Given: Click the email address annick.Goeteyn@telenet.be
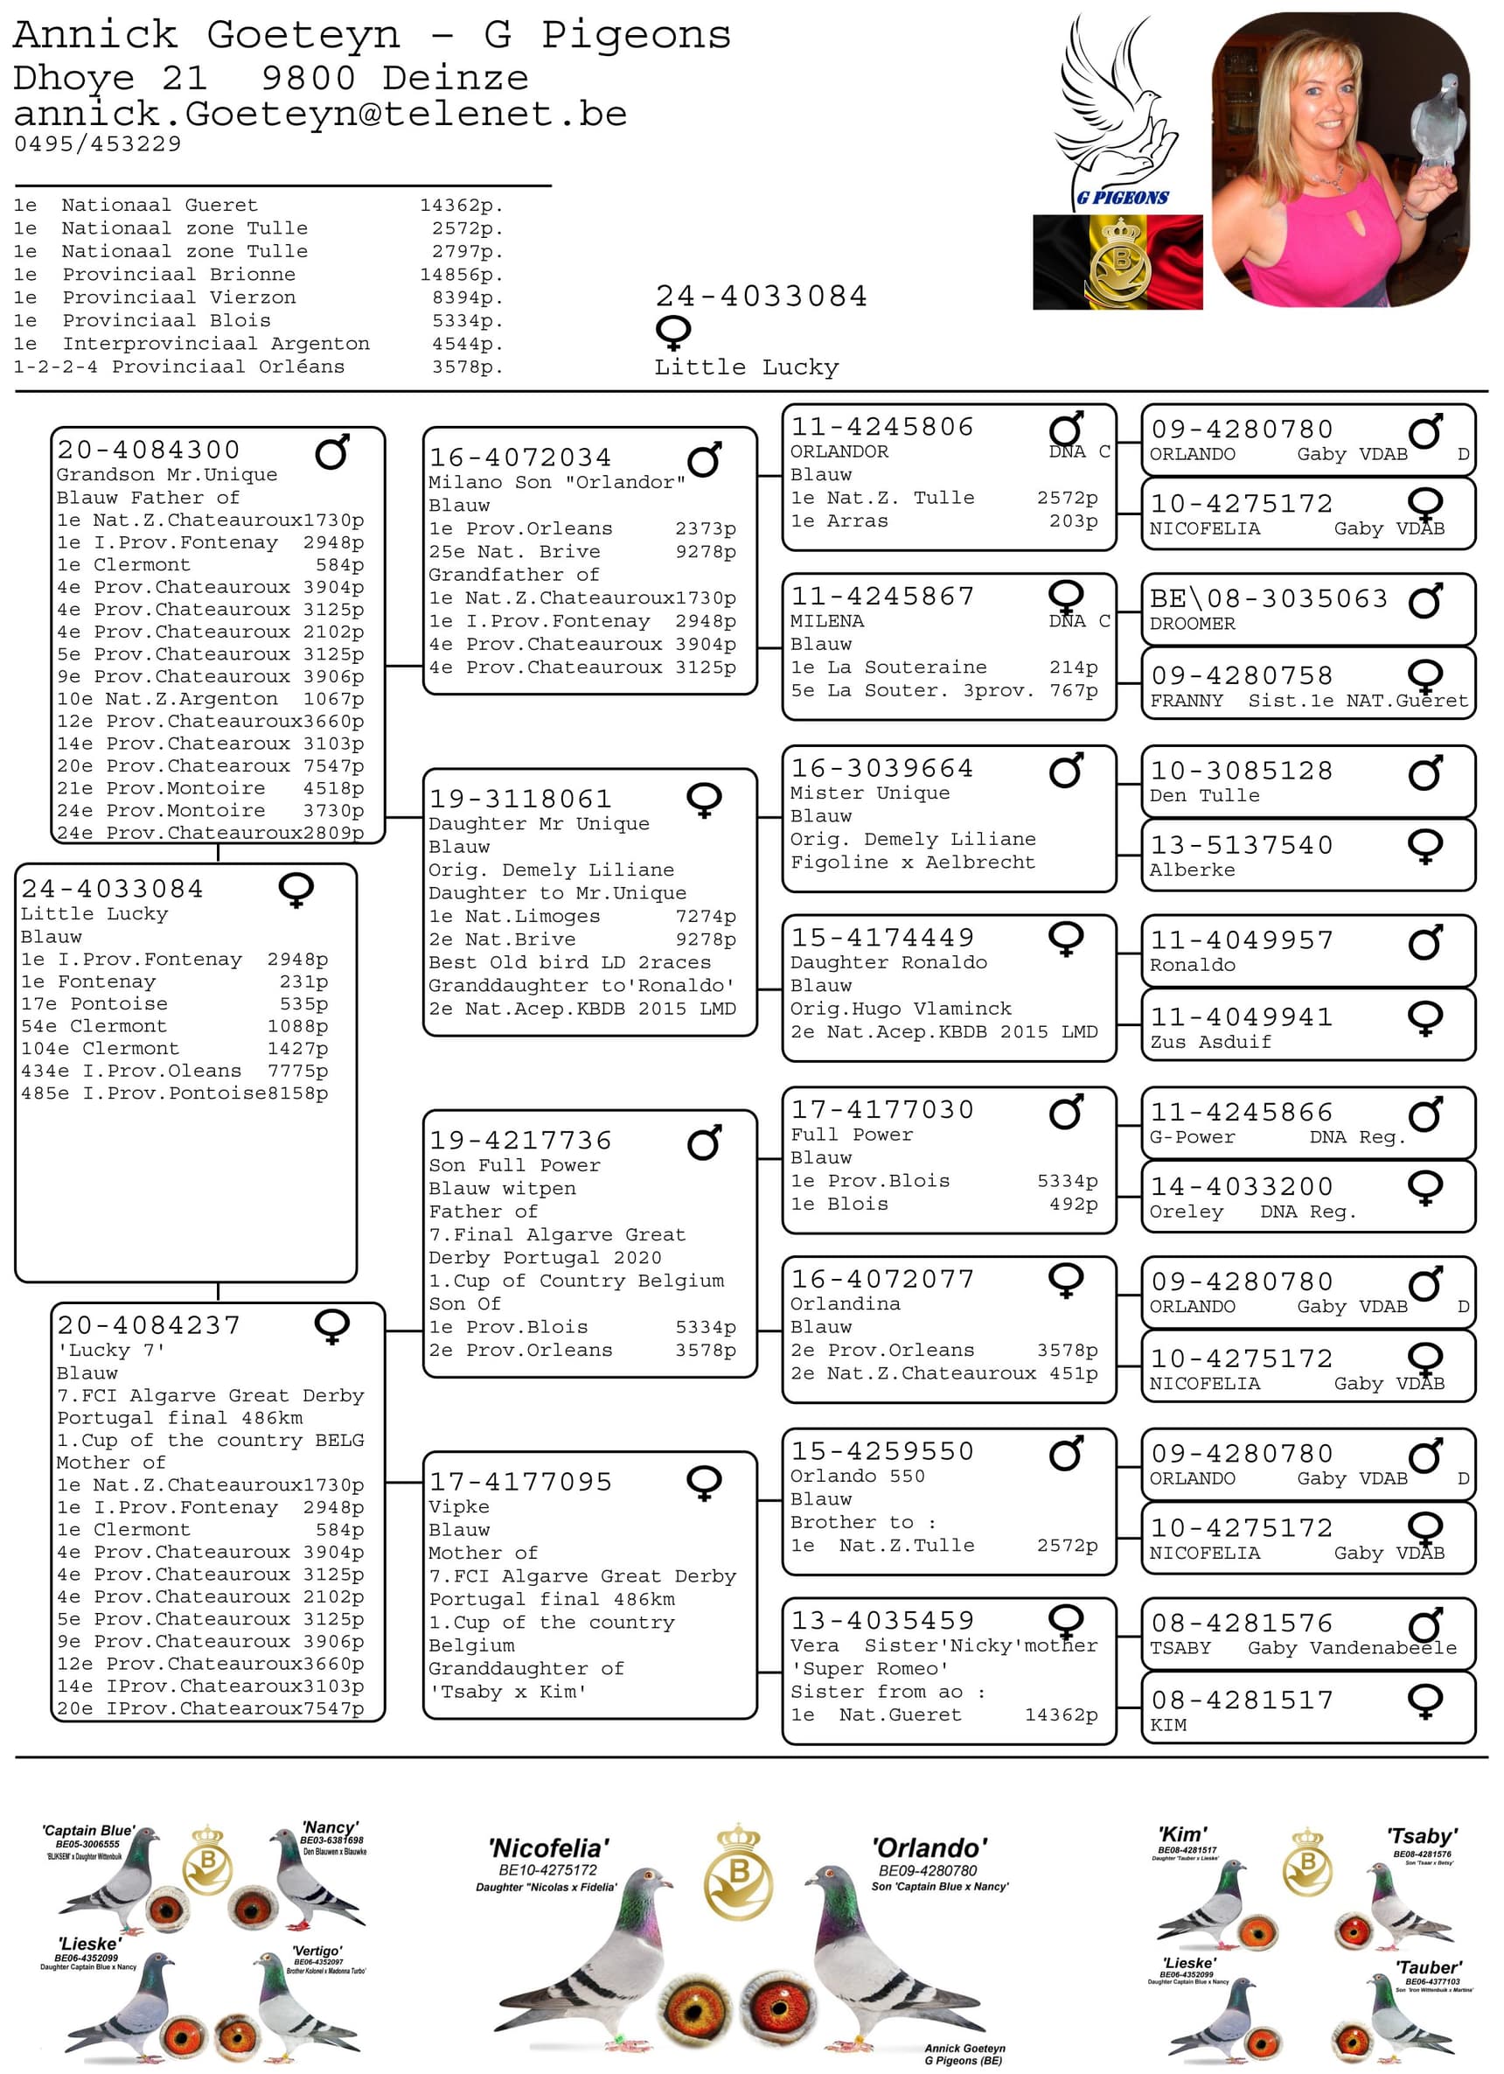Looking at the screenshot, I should [x=320, y=115].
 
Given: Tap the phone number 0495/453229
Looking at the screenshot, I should [x=98, y=143].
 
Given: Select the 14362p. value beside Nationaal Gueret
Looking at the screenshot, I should [x=461, y=206].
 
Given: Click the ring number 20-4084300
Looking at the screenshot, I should [x=148, y=450].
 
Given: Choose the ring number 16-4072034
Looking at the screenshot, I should [x=519, y=457].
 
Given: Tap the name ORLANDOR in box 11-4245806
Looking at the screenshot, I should [x=839, y=451].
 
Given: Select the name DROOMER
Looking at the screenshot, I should [x=1191, y=624].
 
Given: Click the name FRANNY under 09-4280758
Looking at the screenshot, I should [x=1186, y=701].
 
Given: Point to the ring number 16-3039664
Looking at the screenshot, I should [x=881, y=768].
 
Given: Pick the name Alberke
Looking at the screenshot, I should [x=1191, y=869].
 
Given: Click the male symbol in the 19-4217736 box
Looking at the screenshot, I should [x=704, y=1142].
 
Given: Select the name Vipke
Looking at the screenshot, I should [x=459, y=1507].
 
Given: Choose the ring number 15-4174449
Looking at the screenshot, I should [x=881, y=938].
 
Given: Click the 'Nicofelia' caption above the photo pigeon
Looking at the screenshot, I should [x=547, y=1848].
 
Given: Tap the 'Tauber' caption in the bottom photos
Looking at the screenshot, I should [x=1427, y=1967].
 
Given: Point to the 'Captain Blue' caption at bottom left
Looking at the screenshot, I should [x=87, y=1830].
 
